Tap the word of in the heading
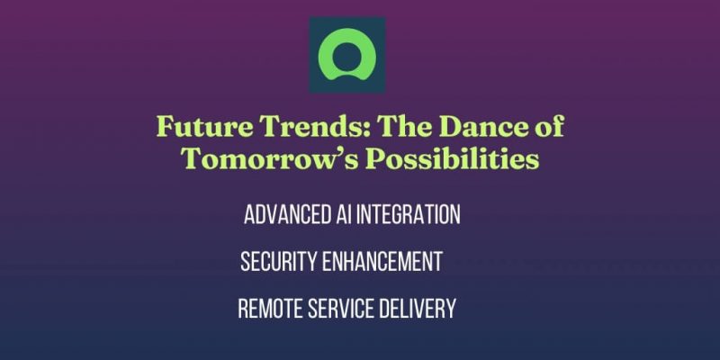pyautogui.click(x=544, y=127)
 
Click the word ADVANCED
pyautogui.click(x=283, y=215)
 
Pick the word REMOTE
pyautogui.click(x=268, y=309)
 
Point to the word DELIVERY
pyautogui.click(x=420, y=309)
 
